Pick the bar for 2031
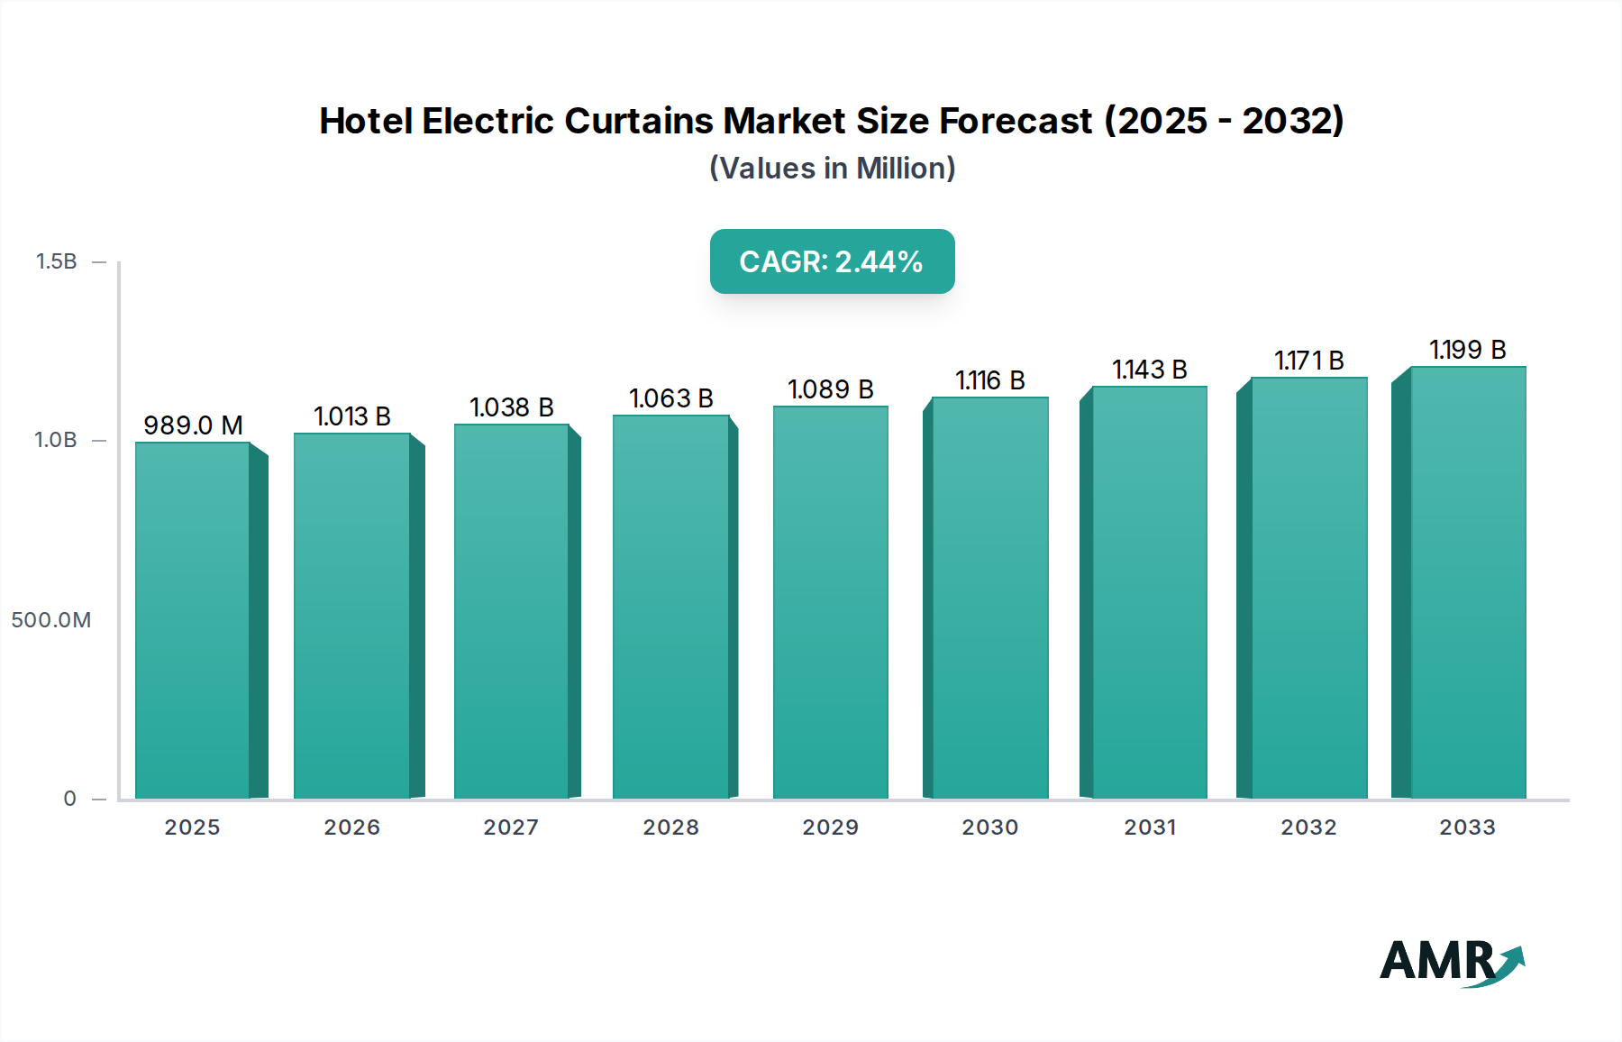coord(1149,592)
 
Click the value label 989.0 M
coord(193,425)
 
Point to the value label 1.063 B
coord(670,398)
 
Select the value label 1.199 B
coord(1467,349)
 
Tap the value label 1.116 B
coord(989,379)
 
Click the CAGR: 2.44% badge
coord(832,261)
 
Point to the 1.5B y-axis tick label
coord(56,261)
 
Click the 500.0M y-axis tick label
coord(51,620)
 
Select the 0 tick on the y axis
coord(69,799)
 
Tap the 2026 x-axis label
coord(351,827)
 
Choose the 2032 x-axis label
coord(1308,827)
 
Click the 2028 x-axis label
coord(670,827)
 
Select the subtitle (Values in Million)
coord(832,169)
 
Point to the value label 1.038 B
coord(511,407)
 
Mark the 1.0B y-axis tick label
coord(56,440)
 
